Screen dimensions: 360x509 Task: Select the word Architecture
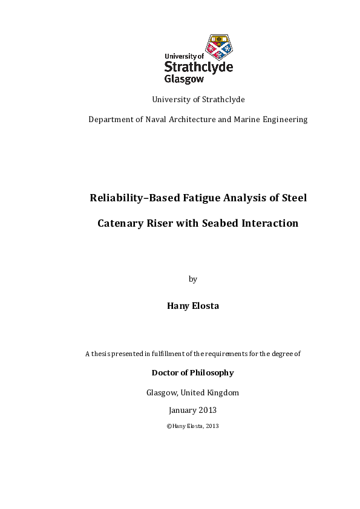click(x=192, y=120)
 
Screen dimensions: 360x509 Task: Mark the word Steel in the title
click(x=292, y=197)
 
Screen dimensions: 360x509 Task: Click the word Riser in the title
click(x=166, y=224)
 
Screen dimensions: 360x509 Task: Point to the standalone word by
click(x=193, y=279)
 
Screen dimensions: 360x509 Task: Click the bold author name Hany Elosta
click(x=193, y=306)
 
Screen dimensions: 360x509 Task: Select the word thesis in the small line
click(x=101, y=354)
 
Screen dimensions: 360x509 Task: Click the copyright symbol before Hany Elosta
click(x=168, y=426)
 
